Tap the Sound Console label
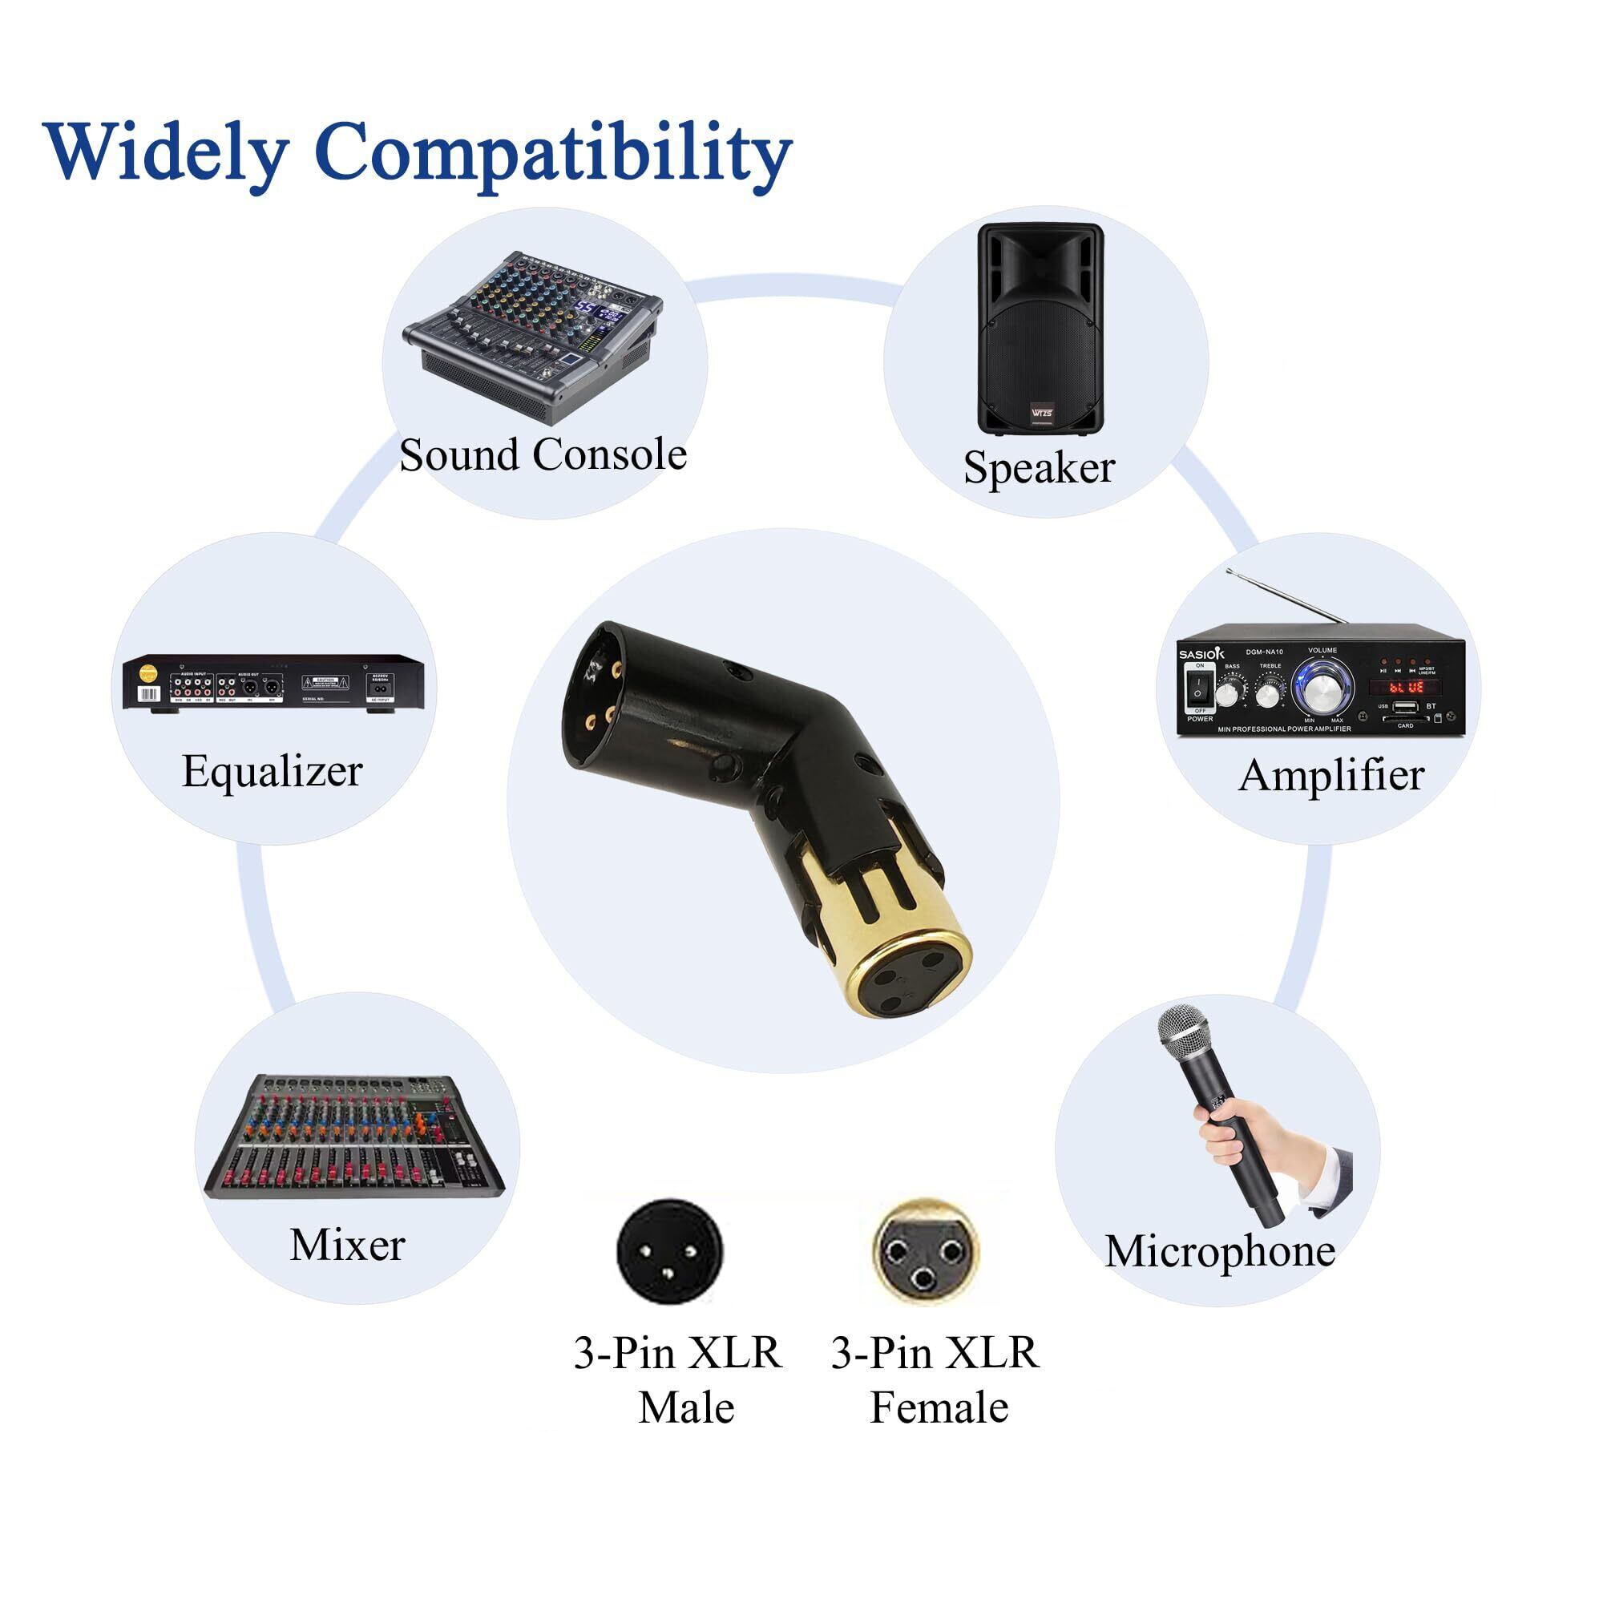pos(543,454)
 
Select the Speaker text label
pos(1039,467)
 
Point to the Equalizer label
pos(273,771)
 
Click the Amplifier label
pos(1330,775)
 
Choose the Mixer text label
pos(347,1245)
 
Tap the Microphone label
pos(1220,1250)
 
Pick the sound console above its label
pos(531,332)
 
